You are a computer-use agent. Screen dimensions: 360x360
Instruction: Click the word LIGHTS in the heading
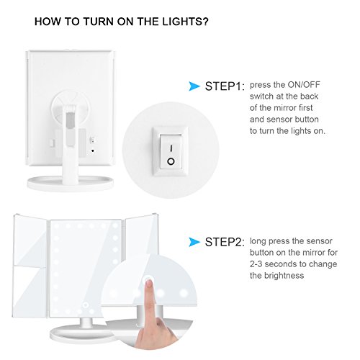pyautogui.click(x=185, y=22)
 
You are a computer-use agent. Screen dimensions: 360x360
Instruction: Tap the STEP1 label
pyautogui.click(x=225, y=86)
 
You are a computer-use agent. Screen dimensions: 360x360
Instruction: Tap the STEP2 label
pyautogui.click(x=225, y=242)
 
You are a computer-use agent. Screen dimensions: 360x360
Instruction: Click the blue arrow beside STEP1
pyautogui.click(x=194, y=86)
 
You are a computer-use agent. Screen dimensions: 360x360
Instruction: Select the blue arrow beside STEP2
pyautogui.click(x=194, y=242)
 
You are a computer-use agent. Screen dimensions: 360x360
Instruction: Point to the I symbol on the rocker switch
pyautogui.click(x=171, y=148)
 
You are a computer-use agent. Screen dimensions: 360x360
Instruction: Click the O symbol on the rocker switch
pyautogui.click(x=171, y=161)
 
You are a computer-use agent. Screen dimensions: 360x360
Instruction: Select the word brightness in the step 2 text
pyautogui.click(x=284, y=275)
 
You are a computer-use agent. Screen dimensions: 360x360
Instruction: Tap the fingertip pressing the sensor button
pyautogui.click(x=149, y=284)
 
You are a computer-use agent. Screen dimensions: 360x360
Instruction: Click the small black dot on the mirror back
pyautogui.click(x=93, y=150)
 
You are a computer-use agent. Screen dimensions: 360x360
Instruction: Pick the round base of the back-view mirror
pyautogui.click(x=70, y=184)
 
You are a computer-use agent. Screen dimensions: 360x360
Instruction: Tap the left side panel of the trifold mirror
pyautogui.click(x=30, y=265)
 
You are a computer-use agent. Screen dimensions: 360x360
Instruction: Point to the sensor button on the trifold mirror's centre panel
pyautogui.click(x=86, y=305)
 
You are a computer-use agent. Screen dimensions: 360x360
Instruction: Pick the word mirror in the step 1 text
pyautogui.click(x=285, y=108)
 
